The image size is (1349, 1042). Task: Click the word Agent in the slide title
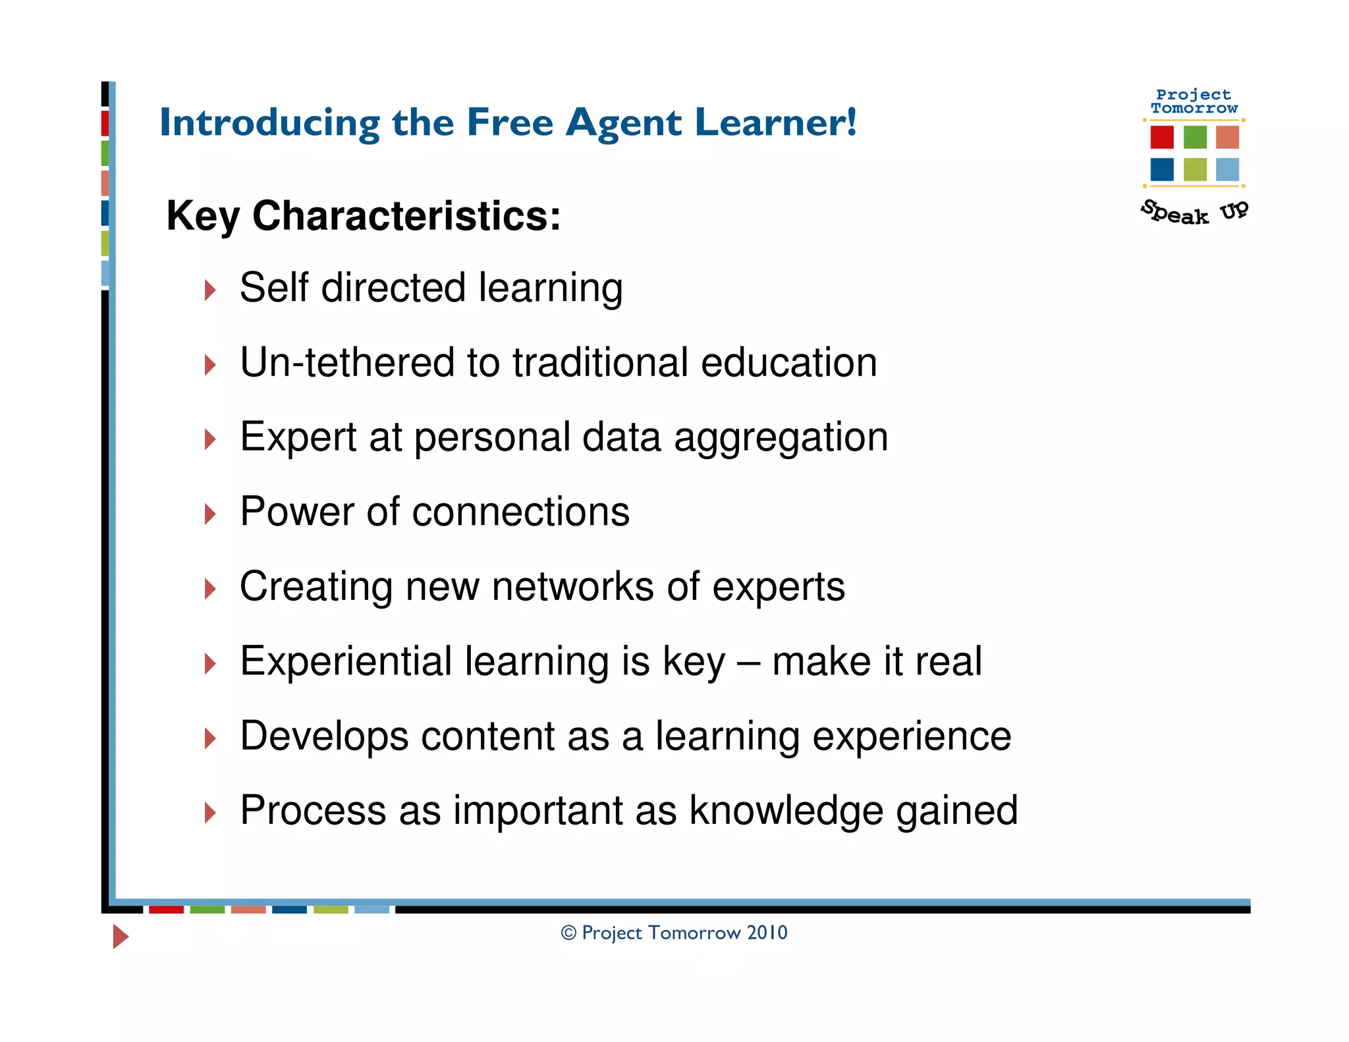[623, 124]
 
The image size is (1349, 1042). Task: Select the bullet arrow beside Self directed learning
[210, 290]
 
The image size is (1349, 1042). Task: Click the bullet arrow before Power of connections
[210, 514]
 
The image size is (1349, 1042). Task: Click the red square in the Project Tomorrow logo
[1162, 137]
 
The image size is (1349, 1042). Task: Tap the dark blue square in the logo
[1162, 169]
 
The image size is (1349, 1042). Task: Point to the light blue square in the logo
[1227, 169]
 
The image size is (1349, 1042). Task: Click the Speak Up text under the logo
[1194, 213]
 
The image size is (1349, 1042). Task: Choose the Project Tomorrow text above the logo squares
[1194, 101]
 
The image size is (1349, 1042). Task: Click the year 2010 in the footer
[767, 933]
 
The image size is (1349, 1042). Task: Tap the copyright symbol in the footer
[568, 933]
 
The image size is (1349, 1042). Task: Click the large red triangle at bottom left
[120, 936]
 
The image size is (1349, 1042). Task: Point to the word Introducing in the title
[270, 123]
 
